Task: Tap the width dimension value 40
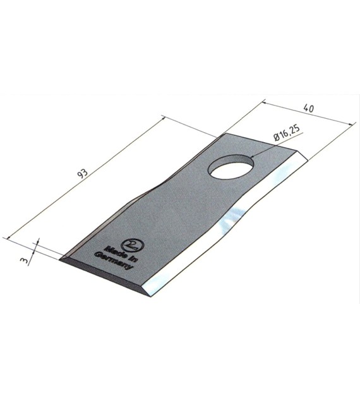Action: pos(309,108)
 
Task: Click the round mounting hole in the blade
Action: pos(231,167)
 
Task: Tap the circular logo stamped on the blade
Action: pos(133,245)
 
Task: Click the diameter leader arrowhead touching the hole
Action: pos(251,157)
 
